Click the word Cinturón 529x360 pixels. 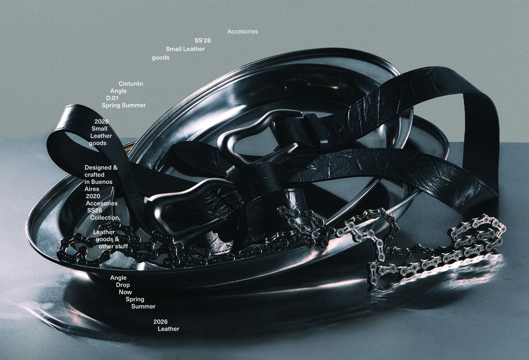pyautogui.click(x=131, y=84)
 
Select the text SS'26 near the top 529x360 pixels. pyautogui.click(x=202, y=41)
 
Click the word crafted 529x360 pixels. pyautogui.click(x=94, y=175)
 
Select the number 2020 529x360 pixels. pyautogui.click(x=93, y=196)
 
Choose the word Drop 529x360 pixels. pyautogui.click(x=123, y=285)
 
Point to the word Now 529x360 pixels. pyautogui.click(x=125, y=292)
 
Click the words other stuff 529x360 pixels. pyautogui.click(x=113, y=246)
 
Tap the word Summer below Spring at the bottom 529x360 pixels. pyautogui.click(x=143, y=307)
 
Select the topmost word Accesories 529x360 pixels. pyautogui.click(x=242, y=32)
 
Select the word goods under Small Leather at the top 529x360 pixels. pyautogui.click(x=160, y=58)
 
